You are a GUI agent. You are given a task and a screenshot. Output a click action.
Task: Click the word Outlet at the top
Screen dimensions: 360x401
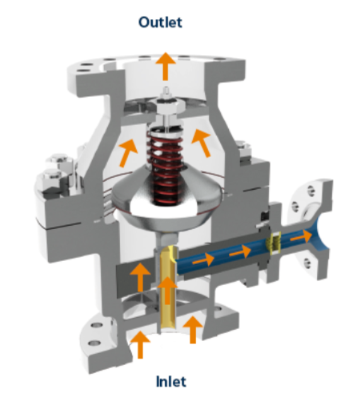pyautogui.click(x=160, y=22)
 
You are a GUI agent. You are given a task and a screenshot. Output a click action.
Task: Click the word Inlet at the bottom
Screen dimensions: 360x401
pyautogui.click(x=171, y=381)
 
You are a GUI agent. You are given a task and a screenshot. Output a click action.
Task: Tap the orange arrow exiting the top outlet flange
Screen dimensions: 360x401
pyautogui.click(x=166, y=66)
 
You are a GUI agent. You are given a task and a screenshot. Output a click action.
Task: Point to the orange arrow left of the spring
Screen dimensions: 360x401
pyautogui.click(x=128, y=153)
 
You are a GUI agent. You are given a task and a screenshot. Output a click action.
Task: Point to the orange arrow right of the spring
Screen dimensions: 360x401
pyautogui.click(x=202, y=142)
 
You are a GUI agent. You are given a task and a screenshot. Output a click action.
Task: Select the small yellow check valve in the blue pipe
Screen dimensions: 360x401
pyautogui.click(x=274, y=243)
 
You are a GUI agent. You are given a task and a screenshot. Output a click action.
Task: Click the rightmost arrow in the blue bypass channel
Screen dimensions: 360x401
pyautogui.click(x=301, y=236)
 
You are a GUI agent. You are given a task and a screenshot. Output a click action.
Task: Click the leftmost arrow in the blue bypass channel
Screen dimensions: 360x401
pyautogui.click(x=203, y=260)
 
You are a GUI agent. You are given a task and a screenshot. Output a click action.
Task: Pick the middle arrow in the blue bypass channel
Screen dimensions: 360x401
pyautogui.click(x=240, y=252)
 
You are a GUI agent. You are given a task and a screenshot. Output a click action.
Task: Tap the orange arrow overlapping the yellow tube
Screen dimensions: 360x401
pyautogui.click(x=168, y=290)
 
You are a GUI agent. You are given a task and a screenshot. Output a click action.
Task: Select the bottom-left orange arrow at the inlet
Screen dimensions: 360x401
pyautogui.click(x=140, y=344)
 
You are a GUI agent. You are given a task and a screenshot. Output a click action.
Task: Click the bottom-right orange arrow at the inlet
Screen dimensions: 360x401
pyautogui.click(x=193, y=330)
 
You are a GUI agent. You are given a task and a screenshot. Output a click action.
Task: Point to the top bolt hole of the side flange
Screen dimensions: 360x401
pyautogui.click(x=310, y=190)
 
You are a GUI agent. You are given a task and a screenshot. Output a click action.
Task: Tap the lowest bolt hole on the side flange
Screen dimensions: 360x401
pyautogui.click(x=308, y=263)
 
